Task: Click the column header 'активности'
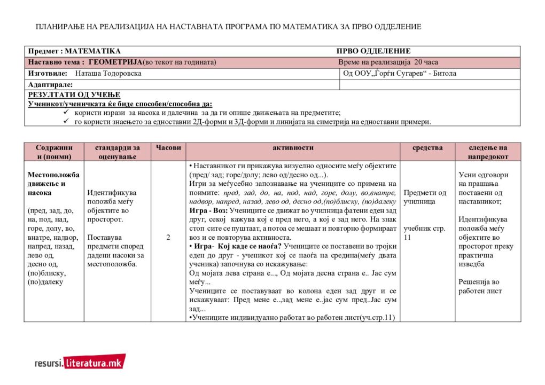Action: pos(293,147)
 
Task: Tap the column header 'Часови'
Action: pos(168,147)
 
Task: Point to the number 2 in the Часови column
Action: pos(168,238)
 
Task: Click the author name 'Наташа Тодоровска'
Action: pos(108,74)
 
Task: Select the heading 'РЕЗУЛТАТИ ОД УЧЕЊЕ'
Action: pos(67,95)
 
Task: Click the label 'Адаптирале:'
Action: pos(50,84)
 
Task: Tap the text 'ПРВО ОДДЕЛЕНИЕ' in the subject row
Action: pos(373,51)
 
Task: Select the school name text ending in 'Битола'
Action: pos(400,74)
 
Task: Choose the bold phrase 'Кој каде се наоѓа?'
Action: pos(251,246)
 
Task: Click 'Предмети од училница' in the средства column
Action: pos(425,197)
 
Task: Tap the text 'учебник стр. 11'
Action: pos(424,233)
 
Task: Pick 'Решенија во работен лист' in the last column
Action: pos(480,286)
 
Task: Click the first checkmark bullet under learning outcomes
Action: pos(66,113)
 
